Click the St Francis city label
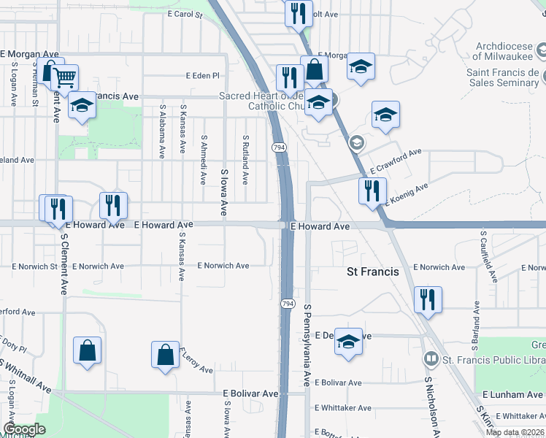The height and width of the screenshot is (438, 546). coord(372,272)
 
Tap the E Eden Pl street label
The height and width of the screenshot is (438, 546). coord(202,75)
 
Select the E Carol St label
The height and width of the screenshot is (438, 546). coord(184,14)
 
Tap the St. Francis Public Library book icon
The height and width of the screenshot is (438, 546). coord(431,358)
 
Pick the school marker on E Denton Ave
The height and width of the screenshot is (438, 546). coord(349,340)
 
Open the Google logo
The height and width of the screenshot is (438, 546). coord(23,429)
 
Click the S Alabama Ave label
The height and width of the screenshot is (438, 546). coord(162,131)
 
